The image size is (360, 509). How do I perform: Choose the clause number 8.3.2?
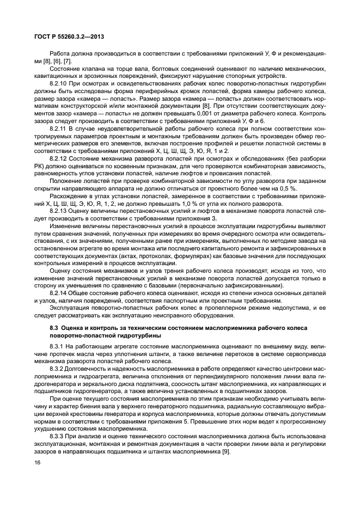[x=57, y=369]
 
